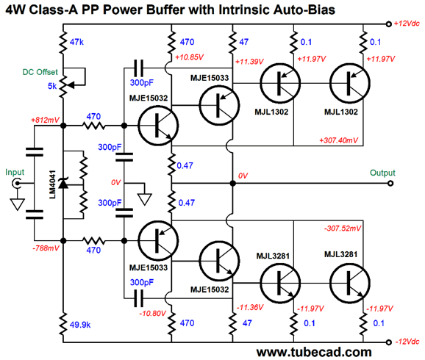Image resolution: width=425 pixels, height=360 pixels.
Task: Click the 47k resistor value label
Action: (x=76, y=42)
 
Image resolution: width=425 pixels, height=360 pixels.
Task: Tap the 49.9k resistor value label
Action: (x=80, y=325)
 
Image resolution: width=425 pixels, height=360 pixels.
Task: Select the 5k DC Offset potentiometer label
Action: (x=52, y=86)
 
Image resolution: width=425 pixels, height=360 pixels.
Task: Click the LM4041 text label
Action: (x=53, y=184)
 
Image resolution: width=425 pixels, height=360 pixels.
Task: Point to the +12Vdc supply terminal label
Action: (x=407, y=24)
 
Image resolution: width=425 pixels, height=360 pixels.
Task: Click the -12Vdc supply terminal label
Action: (x=407, y=342)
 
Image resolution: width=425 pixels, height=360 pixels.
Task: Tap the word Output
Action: (x=382, y=173)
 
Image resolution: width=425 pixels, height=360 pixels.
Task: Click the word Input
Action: (x=15, y=172)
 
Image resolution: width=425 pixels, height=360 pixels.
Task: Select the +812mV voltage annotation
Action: (x=46, y=120)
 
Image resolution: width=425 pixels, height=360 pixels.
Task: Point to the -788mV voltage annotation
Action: (x=46, y=248)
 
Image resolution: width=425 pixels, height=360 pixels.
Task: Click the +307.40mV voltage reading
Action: (x=338, y=140)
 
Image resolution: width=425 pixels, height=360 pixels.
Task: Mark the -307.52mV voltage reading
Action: (x=343, y=228)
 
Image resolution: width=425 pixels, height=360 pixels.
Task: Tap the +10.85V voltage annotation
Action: (x=189, y=57)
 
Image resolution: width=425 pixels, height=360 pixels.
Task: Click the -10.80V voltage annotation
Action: (x=152, y=314)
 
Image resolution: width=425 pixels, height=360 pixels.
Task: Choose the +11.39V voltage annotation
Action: (x=249, y=62)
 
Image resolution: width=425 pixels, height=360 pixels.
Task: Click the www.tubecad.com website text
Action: (x=314, y=352)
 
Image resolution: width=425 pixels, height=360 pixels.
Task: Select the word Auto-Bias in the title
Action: (x=304, y=10)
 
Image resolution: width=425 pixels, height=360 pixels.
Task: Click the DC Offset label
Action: (x=40, y=72)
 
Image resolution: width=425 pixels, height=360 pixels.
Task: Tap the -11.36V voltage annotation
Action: (x=250, y=307)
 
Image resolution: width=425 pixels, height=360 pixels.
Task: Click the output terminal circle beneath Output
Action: (x=390, y=184)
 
